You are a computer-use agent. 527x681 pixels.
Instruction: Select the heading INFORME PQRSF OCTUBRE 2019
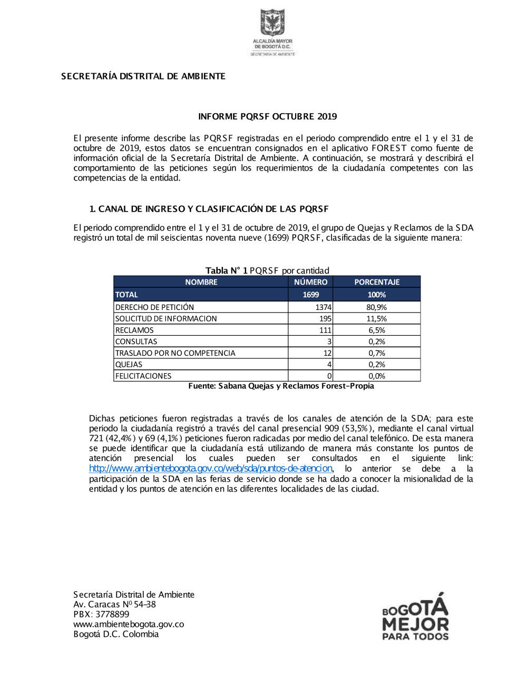[267, 116]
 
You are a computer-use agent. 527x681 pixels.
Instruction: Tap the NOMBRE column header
[201, 282]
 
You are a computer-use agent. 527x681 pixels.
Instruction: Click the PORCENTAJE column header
[376, 282]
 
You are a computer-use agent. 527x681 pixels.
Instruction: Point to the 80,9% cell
[376, 307]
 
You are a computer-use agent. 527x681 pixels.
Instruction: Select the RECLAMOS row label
[135, 331]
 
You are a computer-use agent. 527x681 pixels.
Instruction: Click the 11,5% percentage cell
[376, 319]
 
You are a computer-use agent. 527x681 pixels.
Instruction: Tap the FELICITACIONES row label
[143, 376]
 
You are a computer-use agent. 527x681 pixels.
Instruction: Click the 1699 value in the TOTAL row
[310, 295]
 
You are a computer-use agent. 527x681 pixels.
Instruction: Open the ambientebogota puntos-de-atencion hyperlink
[210, 468]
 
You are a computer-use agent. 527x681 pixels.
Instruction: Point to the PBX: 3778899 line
[101, 614]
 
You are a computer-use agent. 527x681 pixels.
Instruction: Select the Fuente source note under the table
[281, 386]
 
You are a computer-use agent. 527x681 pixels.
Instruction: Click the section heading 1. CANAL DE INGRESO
[209, 209]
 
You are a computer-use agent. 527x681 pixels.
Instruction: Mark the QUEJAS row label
[129, 365]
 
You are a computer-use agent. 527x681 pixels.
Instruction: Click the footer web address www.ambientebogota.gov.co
[129, 624]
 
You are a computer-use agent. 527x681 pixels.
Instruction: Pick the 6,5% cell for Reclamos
[376, 331]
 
